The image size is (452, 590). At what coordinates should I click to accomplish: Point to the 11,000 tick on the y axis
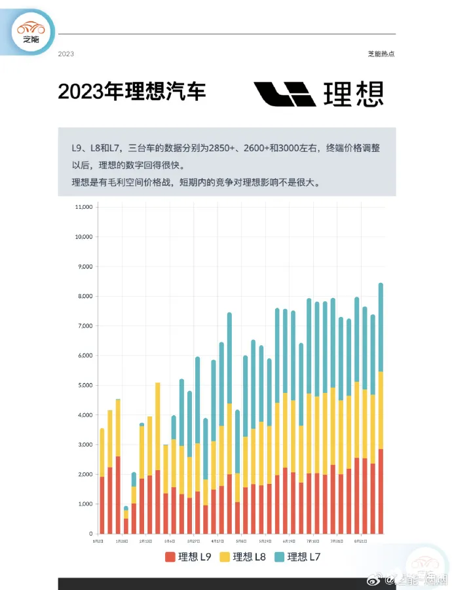click(85, 207)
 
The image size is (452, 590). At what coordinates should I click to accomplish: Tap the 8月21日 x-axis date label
click(360, 542)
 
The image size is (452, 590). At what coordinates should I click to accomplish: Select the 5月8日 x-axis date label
click(241, 542)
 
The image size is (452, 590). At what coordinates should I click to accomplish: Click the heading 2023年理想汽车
click(132, 92)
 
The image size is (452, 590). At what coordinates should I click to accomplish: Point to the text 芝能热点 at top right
click(381, 54)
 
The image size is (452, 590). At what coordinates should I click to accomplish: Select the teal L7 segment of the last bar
click(381, 327)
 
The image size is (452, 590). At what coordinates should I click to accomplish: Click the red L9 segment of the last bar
click(381, 491)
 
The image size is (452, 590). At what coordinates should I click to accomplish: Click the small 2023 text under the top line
click(66, 54)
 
